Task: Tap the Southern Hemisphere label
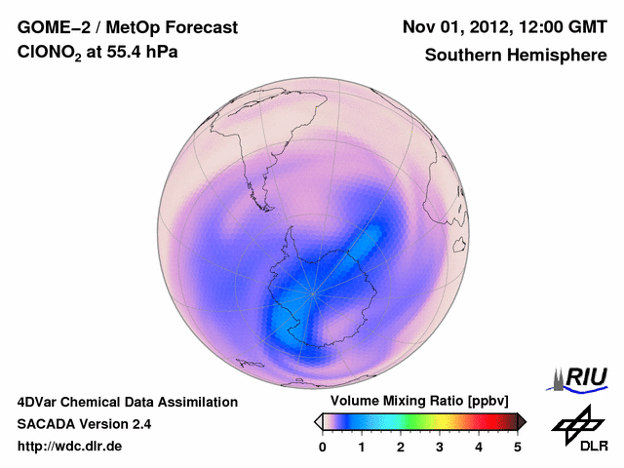(x=514, y=56)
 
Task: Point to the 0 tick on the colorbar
(x=323, y=447)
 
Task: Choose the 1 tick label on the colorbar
(x=362, y=447)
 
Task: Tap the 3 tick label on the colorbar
(x=440, y=447)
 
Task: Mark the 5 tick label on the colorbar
(x=518, y=447)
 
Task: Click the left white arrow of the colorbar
(x=318, y=421)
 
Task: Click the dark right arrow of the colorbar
(x=522, y=421)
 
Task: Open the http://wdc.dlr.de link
(x=70, y=447)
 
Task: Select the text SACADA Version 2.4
(x=84, y=424)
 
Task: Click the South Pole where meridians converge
(x=313, y=292)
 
